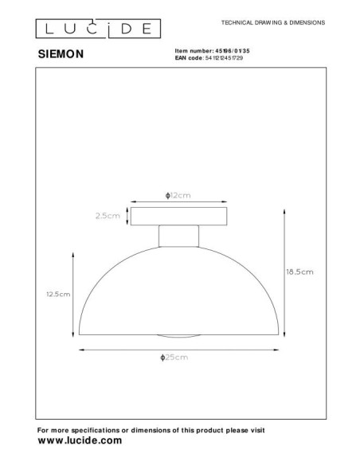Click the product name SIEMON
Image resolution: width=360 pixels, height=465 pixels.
coord(63,57)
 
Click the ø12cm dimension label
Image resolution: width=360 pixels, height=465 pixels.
coord(179,195)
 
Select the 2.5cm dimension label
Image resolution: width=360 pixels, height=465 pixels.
coord(106,216)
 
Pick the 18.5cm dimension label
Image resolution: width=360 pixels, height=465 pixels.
coord(299,272)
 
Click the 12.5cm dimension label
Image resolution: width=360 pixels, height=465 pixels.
coord(59,294)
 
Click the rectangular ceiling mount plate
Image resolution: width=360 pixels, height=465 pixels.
coord(179,217)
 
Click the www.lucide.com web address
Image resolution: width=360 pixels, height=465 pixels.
coord(80,440)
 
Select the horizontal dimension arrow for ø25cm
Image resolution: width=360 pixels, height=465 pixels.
coord(178,349)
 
